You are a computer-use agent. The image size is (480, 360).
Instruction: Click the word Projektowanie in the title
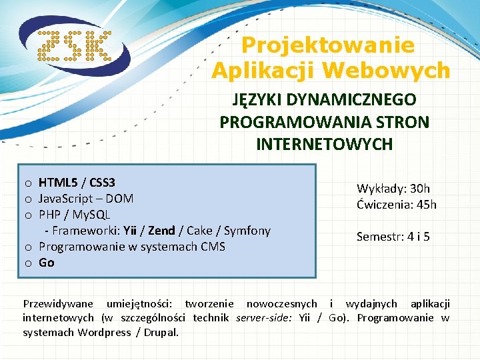pyautogui.click(x=327, y=45)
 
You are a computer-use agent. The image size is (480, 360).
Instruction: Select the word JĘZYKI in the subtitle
pyautogui.click(x=257, y=100)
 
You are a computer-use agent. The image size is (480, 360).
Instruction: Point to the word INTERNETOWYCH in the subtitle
pyautogui.click(x=324, y=144)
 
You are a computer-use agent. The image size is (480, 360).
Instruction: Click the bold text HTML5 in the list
pyautogui.click(x=57, y=182)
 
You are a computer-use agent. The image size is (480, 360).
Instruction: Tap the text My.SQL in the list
pyautogui.click(x=90, y=214)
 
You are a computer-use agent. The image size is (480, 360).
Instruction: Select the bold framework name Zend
pyautogui.click(x=161, y=230)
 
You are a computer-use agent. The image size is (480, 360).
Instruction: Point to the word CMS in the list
pyautogui.click(x=213, y=246)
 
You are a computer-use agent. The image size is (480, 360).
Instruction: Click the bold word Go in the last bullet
pyautogui.click(x=47, y=262)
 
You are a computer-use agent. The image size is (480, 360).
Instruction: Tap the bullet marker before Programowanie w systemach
pyautogui.click(x=29, y=247)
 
